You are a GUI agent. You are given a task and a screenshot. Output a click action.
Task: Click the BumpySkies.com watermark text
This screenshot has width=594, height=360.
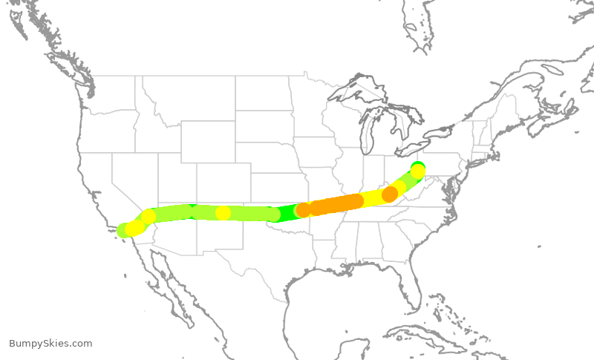pyautogui.click(x=50, y=344)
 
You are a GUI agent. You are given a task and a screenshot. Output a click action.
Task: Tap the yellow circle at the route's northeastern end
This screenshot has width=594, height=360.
pyautogui.click(x=418, y=171)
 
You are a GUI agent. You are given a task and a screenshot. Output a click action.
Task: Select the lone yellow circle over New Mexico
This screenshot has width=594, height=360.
pyautogui.click(x=223, y=213)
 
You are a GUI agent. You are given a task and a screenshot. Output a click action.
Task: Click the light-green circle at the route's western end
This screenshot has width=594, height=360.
pyautogui.click(x=124, y=231)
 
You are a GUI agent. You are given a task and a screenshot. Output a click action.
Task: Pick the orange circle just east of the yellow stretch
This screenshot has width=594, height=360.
pyautogui.click(x=389, y=194)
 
